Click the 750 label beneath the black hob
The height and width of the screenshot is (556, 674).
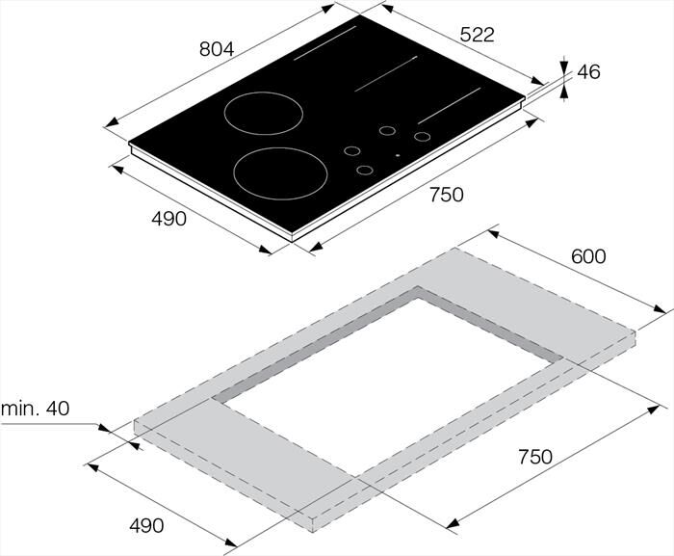point(446,195)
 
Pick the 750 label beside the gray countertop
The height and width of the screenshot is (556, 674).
point(533,456)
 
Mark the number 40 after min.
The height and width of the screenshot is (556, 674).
point(58,409)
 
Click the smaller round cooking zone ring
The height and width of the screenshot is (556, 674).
point(257,112)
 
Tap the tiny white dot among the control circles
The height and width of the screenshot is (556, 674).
point(397,155)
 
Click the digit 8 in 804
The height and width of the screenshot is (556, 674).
point(204,49)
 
